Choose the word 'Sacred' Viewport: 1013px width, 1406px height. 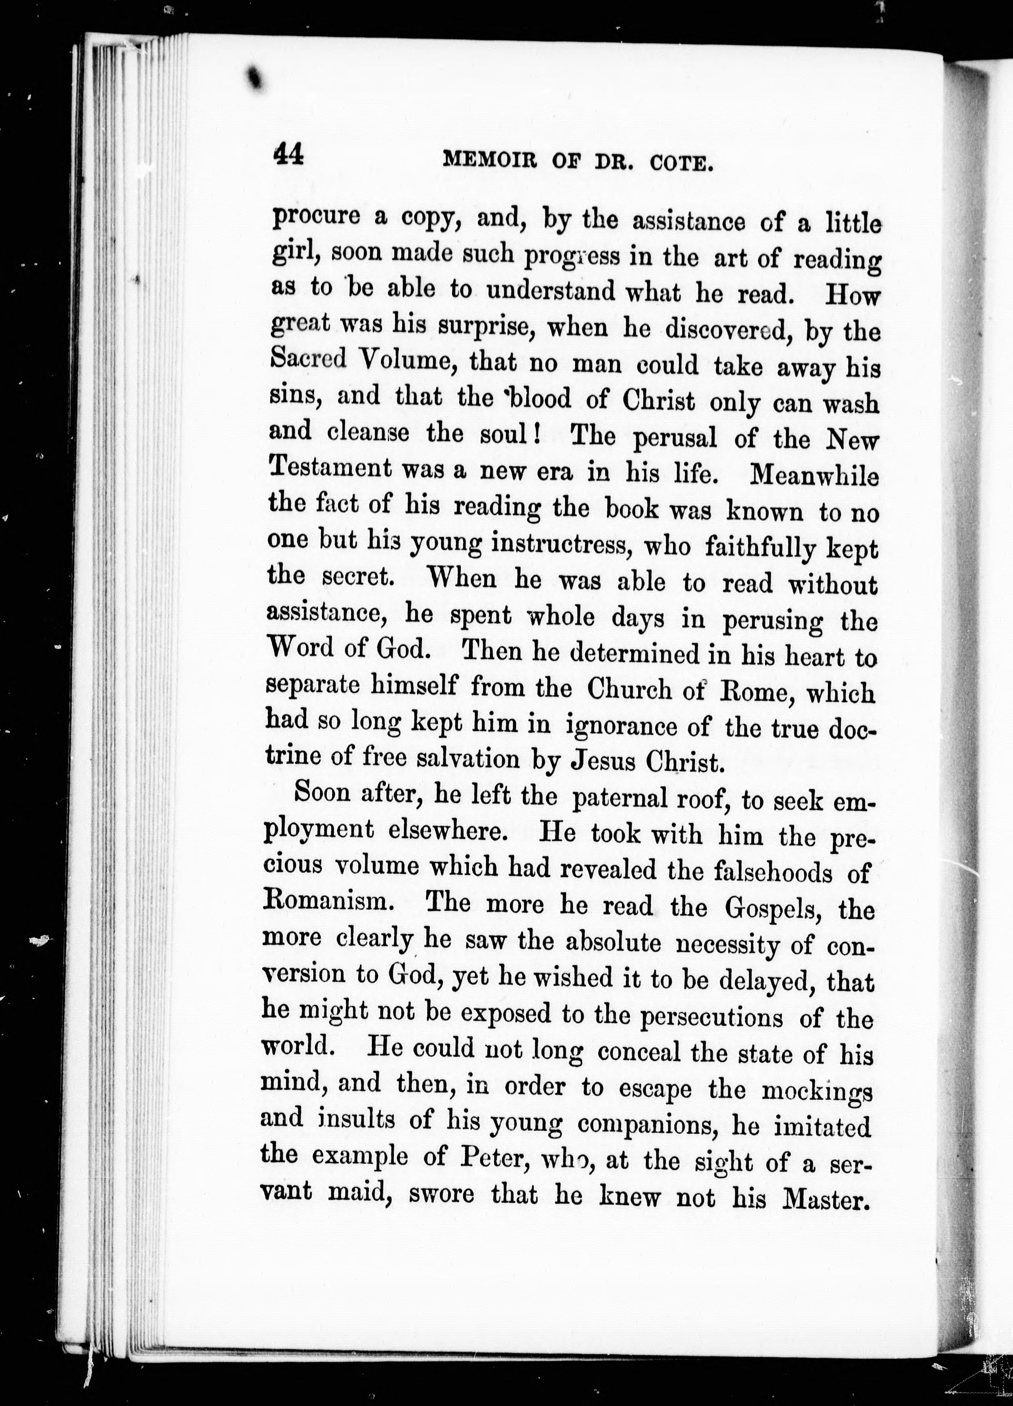[309, 358]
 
